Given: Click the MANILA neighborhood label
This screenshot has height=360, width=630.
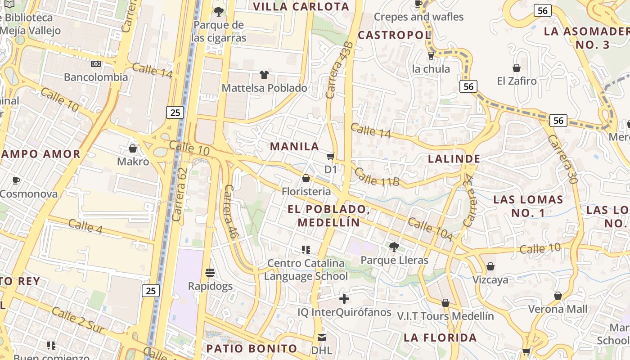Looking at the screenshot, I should point(294,146).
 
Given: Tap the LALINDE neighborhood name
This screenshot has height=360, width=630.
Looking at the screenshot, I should point(454,158).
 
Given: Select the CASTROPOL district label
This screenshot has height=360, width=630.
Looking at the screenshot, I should point(394,35).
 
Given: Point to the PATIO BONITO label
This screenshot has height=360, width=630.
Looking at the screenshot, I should point(252,348).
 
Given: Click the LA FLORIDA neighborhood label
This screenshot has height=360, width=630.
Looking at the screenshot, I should point(440,337).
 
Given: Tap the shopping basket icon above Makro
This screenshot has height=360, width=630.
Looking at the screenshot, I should point(133,148).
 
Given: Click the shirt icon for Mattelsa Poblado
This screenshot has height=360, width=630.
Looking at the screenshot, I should point(264,74).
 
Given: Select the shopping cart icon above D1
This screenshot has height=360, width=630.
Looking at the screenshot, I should point(331,156).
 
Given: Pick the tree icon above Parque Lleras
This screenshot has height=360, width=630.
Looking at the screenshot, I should point(394,247).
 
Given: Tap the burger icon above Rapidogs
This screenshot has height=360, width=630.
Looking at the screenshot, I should point(210,272).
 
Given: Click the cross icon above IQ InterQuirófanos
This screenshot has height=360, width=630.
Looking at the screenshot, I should point(344,298).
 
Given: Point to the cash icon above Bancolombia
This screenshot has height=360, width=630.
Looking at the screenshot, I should point(96,64).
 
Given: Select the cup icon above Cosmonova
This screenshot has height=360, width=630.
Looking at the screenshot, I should point(16,181).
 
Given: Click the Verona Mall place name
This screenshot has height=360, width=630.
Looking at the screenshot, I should point(558,309).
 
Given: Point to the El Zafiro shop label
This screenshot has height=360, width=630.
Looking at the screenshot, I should point(517,81).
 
